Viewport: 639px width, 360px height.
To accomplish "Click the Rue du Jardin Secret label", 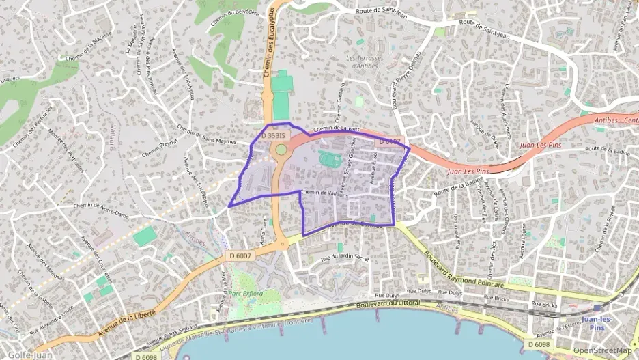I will coord(345,259).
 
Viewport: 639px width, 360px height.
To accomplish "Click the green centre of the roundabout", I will coord(281,149).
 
